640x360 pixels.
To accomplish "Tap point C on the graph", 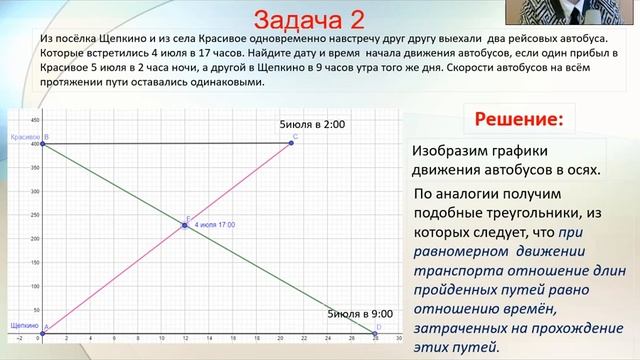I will (x=291, y=143).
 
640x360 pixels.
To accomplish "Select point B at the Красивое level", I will (x=42, y=143).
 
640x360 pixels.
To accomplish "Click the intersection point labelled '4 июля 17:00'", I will (x=185, y=225).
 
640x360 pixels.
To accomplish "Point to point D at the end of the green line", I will (x=376, y=335).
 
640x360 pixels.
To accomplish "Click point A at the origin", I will (x=42, y=335).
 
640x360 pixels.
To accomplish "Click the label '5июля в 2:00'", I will (x=312, y=125).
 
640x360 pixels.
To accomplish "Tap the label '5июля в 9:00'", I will (x=362, y=314).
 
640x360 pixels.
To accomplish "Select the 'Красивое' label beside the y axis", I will (x=21, y=135).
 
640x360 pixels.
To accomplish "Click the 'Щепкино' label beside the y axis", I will (x=22, y=326).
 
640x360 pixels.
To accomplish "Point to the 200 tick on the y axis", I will (x=35, y=239).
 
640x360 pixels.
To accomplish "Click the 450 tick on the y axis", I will (x=35, y=121).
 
